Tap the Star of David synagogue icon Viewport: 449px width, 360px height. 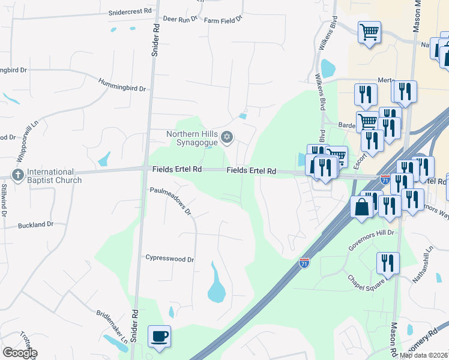coord(226,138)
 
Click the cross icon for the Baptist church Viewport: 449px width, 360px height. coord(16,175)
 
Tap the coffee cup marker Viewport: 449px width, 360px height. coord(159,337)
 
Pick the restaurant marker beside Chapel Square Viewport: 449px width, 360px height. coord(388,263)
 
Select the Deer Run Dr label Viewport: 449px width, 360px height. coord(180,20)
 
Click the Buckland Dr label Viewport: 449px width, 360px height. coord(35,224)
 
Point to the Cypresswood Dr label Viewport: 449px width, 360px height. coord(170,259)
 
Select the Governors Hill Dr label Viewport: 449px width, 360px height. coord(373,232)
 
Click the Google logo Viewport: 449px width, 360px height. coord(19,353)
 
